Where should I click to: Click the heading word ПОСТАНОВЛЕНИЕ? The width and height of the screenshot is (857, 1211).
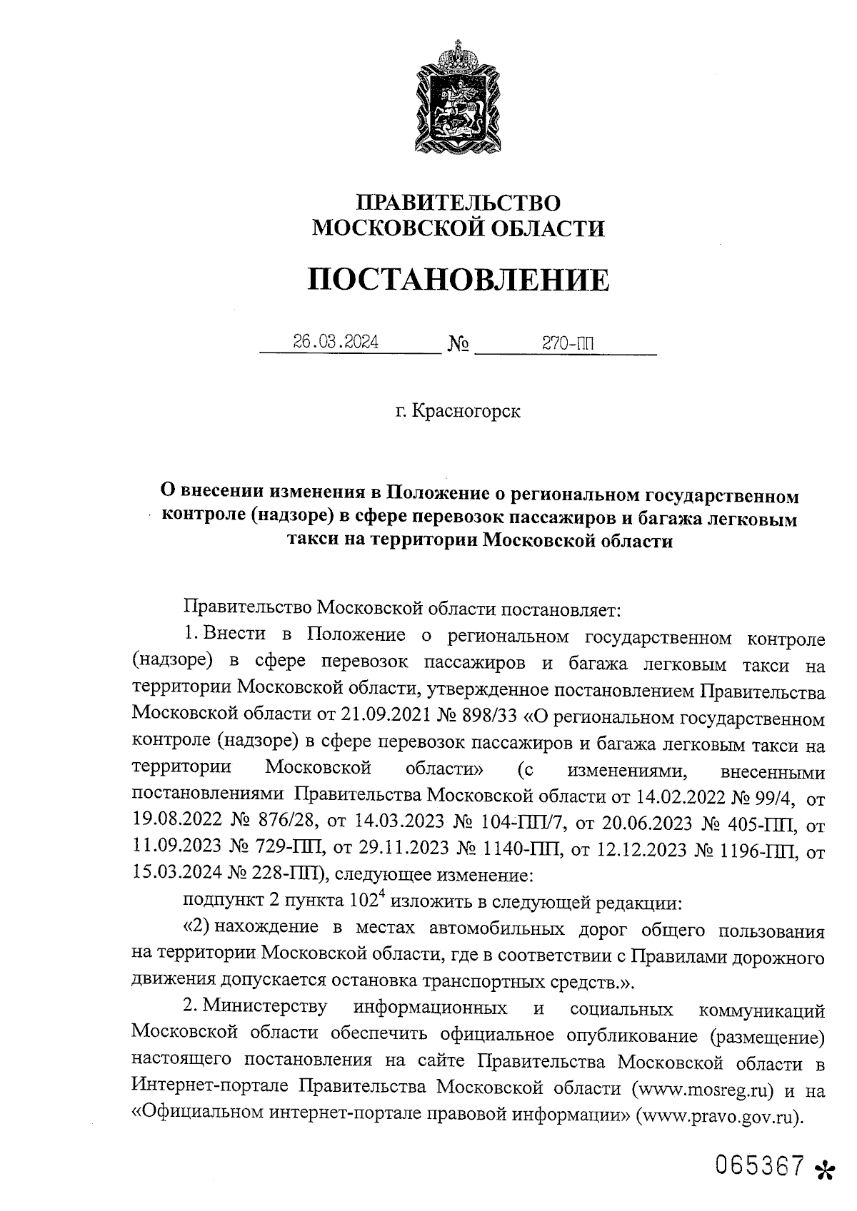tap(458, 280)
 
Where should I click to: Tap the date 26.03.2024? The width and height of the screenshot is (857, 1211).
tap(336, 343)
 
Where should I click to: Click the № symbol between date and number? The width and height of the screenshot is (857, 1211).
tap(458, 345)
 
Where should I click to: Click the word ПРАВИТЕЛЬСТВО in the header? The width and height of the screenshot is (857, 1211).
tap(458, 203)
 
